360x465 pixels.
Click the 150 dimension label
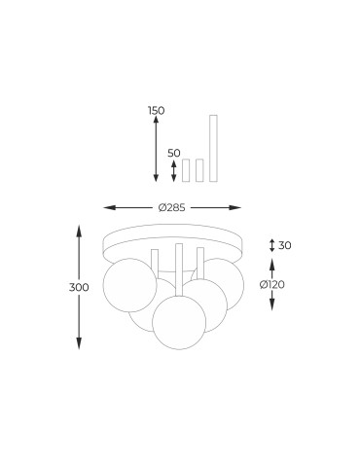pos(157,111)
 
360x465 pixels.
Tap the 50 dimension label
pos(174,153)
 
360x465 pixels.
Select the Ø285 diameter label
pos(172,207)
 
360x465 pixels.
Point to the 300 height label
pos(79,287)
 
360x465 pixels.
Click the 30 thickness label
pos(285,245)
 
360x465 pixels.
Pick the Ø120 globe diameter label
pos(272,284)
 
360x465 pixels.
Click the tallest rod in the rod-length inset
pos(213,148)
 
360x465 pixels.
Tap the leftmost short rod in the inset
pos(186,170)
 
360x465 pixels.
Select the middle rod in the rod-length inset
pos(199,170)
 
